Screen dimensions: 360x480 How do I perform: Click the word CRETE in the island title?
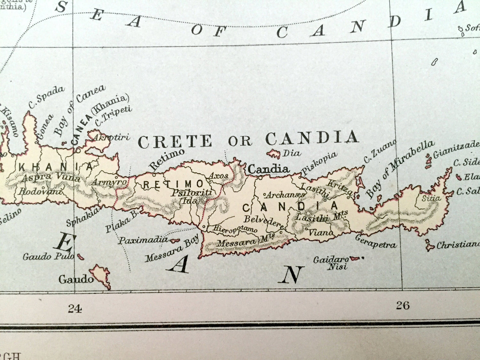click(x=175, y=141)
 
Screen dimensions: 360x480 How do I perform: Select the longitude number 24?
click(x=75, y=309)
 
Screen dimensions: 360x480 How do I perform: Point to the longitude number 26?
click(x=403, y=305)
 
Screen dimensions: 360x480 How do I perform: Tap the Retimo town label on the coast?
click(x=166, y=159)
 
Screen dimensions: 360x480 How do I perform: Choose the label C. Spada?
click(x=46, y=97)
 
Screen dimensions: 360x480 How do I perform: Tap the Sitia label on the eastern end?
click(x=431, y=198)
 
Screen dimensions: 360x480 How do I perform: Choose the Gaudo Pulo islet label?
click(x=48, y=256)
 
